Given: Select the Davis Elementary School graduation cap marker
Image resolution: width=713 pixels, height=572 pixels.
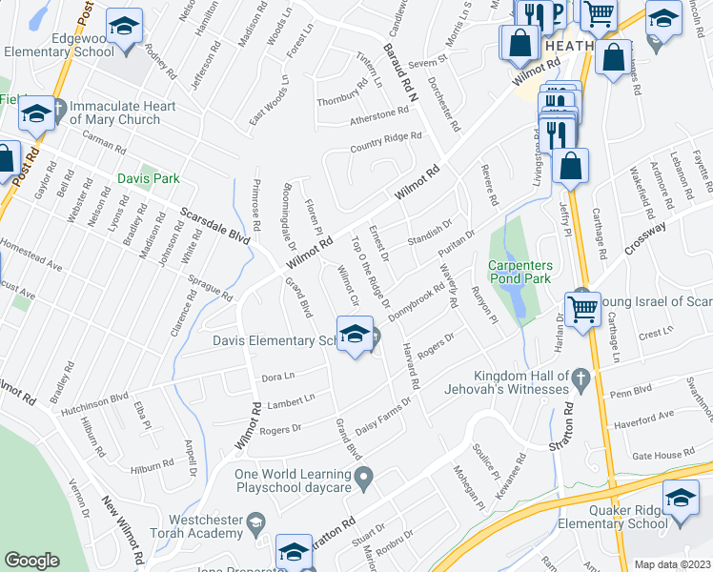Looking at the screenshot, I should pyautogui.click(x=356, y=335).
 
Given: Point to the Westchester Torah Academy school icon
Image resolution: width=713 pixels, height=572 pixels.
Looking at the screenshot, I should pyautogui.click(x=255, y=522).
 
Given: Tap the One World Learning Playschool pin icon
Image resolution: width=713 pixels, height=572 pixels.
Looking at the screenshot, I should pyautogui.click(x=363, y=475).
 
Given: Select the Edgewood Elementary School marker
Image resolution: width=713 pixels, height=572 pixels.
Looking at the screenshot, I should pyautogui.click(x=123, y=28).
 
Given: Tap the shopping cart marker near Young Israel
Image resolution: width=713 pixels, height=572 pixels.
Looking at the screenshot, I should pyautogui.click(x=582, y=307).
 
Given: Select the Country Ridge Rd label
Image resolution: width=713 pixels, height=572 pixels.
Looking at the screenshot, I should pyautogui.click(x=385, y=142).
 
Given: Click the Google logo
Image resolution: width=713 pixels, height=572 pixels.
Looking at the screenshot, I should pyautogui.click(x=31, y=561).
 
